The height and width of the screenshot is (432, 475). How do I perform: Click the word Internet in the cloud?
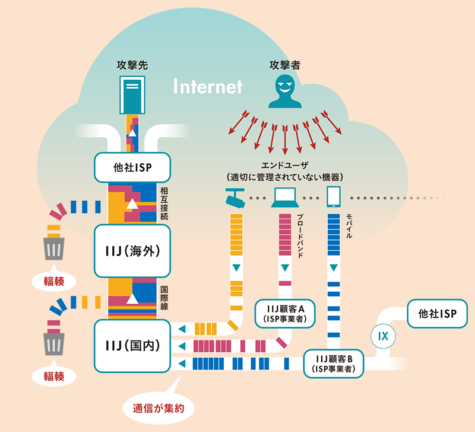pyautogui.click(x=208, y=87)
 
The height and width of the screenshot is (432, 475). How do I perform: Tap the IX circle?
pyautogui.click(x=383, y=336)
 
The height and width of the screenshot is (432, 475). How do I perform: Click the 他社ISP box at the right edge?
pyautogui.click(x=437, y=313)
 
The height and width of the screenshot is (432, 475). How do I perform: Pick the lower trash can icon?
pyautogui.click(x=54, y=343)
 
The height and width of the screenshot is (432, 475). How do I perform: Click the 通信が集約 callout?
pyautogui.click(x=159, y=408)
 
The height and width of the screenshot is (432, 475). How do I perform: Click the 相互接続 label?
pyautogui.click(x=164, y=203)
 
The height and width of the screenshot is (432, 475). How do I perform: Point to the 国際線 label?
pyautogui.click(x=164, y=297)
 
